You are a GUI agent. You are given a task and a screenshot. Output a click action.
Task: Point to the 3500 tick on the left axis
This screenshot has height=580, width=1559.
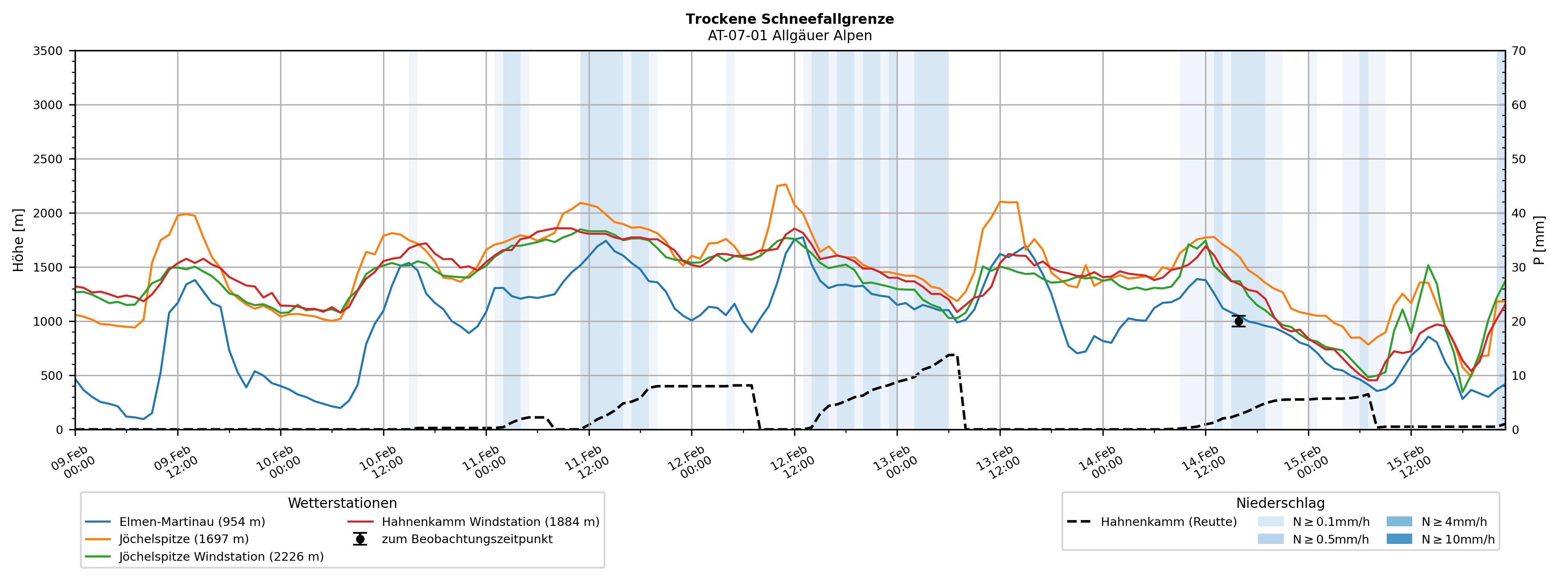(x=48, y=51)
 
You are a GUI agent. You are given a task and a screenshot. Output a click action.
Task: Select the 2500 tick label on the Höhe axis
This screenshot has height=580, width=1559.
(x=48, y=159)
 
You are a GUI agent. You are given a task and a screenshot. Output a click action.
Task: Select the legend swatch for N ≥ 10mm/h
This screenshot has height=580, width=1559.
(x=1399, y=539)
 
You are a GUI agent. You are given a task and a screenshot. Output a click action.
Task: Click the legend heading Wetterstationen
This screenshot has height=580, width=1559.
(x=342, y=503)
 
